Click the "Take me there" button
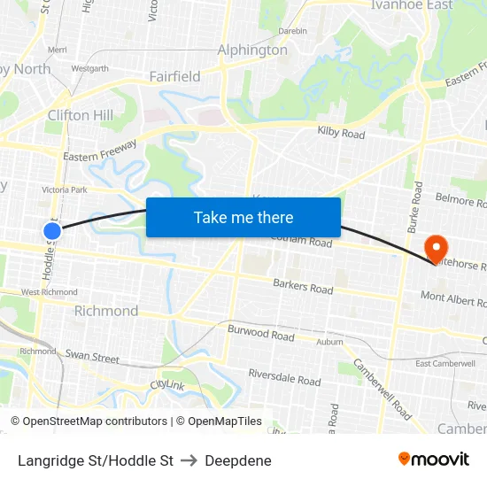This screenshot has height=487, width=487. pos(243,217)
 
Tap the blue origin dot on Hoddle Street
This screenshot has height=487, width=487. pos(52,231)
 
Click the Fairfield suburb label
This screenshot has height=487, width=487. pos(174,76)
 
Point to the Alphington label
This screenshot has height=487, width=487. pos(252,50)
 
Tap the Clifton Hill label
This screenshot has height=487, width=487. pos(80,115)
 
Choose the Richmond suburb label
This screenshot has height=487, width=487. pos(106,311)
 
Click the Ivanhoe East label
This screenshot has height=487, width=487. pos(412,5)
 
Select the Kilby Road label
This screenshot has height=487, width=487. pos(341,134)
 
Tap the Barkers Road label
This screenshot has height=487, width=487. pos(303,287)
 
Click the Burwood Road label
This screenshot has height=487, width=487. pos(260,335)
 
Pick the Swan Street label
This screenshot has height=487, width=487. pos(92,357)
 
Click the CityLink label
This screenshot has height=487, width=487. pos(167,385)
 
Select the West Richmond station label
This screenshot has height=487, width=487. pos(50,292)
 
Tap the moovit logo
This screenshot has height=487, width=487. pos(433,460)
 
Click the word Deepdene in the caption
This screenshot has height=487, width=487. pos(237,460)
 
